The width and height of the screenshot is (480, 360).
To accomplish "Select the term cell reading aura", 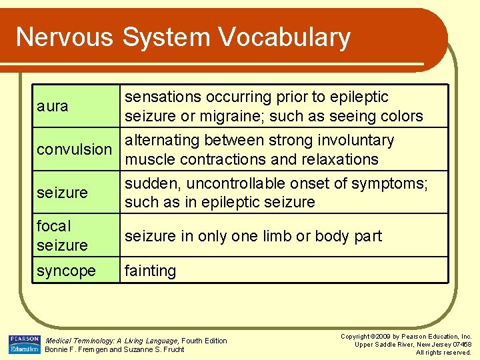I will coord(53,106).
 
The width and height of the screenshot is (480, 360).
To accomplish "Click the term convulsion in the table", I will coord(74,149).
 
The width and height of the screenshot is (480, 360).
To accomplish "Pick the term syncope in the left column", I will coord(66,271).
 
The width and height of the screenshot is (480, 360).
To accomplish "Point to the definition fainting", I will coord(151,271).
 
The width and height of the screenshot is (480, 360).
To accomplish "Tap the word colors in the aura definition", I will coord(399,117).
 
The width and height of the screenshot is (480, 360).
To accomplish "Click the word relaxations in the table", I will coord(339,160).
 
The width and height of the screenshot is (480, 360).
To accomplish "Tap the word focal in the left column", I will coord(54,227).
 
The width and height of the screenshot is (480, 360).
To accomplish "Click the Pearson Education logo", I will coord(25,345).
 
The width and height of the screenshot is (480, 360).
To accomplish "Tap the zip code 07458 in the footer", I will coord(459,345).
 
